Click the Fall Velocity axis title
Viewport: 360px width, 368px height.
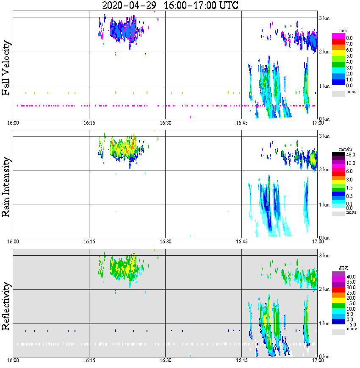(x=6, y=68)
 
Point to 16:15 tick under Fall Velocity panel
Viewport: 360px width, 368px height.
(x=89, y=123)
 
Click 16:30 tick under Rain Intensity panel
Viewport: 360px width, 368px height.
(x=165, y=242)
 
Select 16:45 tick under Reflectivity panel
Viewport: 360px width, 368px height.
(x=241, y=361)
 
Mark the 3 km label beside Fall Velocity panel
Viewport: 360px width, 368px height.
(x=324, y=17)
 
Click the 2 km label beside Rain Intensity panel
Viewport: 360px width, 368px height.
(x=324, y=170)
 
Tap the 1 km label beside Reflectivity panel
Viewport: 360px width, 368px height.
(x=324, y=323)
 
